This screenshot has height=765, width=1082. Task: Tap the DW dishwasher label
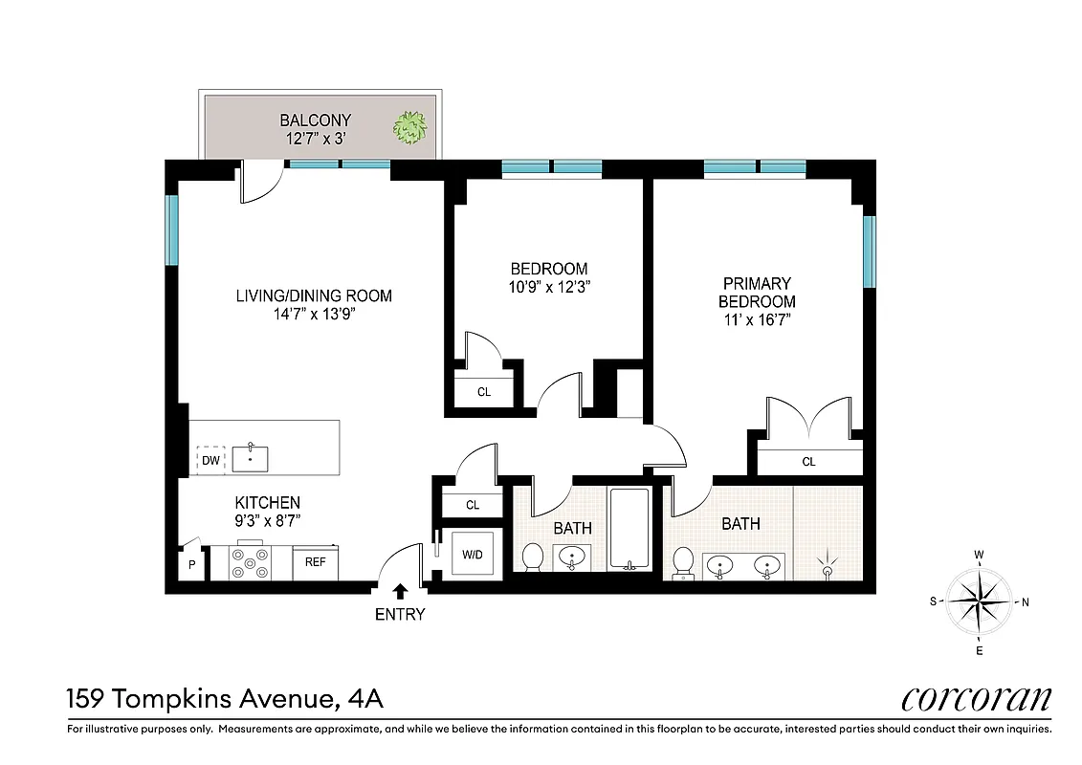[x=210, y=461]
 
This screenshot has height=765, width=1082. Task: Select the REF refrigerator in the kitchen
[x=316, y=562]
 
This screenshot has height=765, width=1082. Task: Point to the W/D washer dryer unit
[x=474, y=553]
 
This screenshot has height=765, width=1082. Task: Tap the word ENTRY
[x=400, y=614]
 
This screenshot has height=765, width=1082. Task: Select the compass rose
[x=979, y=601]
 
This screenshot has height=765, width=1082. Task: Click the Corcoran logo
[x=976, y=700]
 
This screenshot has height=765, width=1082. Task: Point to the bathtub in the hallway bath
[x=629, y=529]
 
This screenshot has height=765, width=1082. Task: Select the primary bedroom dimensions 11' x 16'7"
[x=758, y=319]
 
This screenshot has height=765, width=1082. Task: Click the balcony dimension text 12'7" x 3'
[x=315, y=139]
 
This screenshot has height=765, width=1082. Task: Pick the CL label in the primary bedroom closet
[x=808, y=462]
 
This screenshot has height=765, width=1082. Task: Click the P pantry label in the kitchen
[x=192, y=564]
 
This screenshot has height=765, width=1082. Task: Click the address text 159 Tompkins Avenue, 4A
[x=225, y=699]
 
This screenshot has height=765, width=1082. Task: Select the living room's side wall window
[x=172, y=229]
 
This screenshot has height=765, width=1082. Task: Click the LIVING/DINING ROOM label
[x=314, y=295]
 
